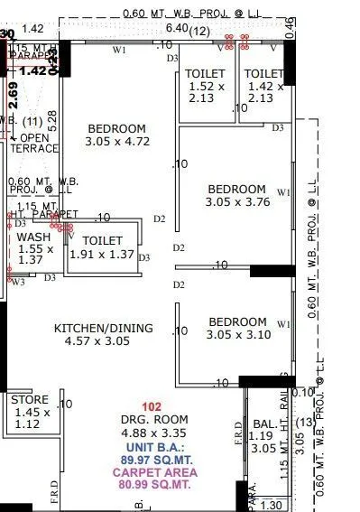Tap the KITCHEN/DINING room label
click(x=103, y=328)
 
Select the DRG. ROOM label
click(x=155, y=420)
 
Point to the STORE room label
click(x=30, y=399)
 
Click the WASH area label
click(x=33, y=237)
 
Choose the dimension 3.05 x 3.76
click(x=237, y=202)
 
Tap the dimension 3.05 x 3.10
click(x=237, y=335)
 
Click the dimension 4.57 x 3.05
click(x=97, y=341)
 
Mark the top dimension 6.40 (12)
click(x=188, y=29)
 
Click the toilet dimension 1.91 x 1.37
click(x=101, y=255)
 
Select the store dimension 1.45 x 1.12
click(x=30, y=417)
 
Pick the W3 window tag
click(x=18, y=282)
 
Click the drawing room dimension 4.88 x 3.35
click(x=155, y=433)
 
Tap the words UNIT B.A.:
click(x=155, y=446)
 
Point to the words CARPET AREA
click(x=155, y=471)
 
